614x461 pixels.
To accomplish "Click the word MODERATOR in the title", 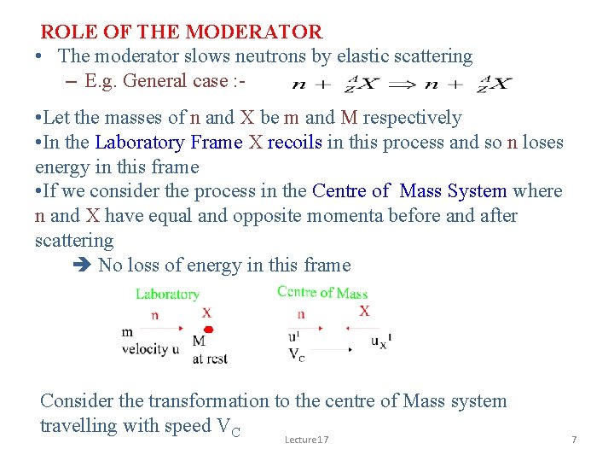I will [x=253, y=32].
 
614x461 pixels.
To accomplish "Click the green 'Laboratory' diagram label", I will [x=167, y=294].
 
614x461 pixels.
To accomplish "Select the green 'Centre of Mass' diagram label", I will [x=322, y=292].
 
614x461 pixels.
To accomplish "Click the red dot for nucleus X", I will [x=208, y=329].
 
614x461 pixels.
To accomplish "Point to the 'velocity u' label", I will [x=150, y=348].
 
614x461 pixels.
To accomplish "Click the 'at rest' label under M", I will [x=210, y=359].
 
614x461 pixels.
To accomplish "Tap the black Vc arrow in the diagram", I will [x=328, y=349].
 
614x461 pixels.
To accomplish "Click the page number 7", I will [x=574, y=440].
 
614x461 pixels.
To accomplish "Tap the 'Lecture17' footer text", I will [x=306, y=440].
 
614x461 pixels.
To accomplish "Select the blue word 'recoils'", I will [x=295, y=143].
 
